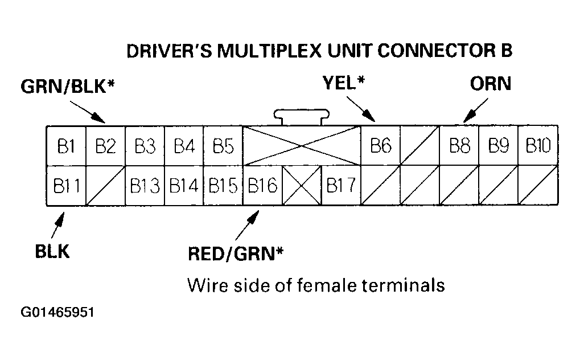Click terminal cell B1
[x=65, y=146]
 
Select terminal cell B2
[x=105, y=146]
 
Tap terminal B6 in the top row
[x=381, y=146]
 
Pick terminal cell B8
[x=459, y=146]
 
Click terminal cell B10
[x=538, y=146]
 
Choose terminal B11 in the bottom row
[x=65, y=186]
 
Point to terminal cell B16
[x=262, y=186]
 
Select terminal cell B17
[x=341, y=186]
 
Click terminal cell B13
[x=145, y=186]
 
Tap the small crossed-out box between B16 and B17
[x=302, y=186]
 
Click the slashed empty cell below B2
[x=105, y=186]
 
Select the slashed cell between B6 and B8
[x=420, y=146]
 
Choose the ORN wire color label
[x=491, y=83]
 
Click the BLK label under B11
[x=52, y=251]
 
